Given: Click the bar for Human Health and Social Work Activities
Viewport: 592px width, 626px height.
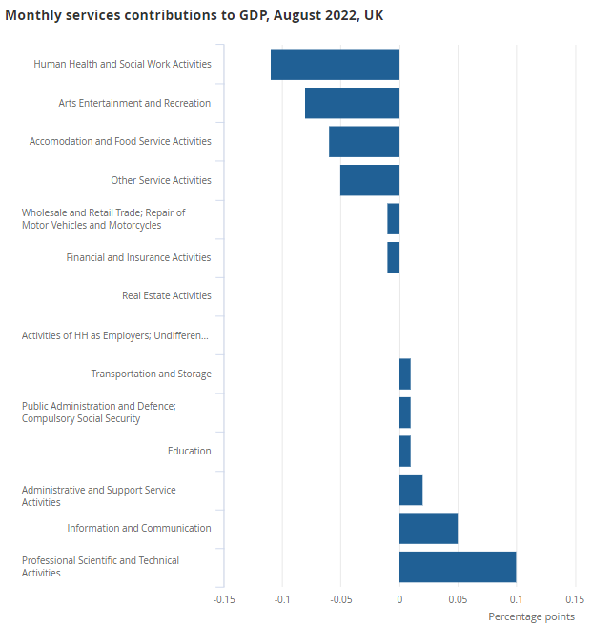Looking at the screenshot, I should (x=335, y=64).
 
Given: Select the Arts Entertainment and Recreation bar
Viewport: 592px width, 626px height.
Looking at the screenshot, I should (x=352, y=103).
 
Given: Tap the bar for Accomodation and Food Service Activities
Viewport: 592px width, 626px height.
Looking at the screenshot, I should (x=364, y=141).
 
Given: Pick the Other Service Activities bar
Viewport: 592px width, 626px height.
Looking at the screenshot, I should (x=370, y=180).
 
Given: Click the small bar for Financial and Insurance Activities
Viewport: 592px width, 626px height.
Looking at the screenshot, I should (x=394, y=257).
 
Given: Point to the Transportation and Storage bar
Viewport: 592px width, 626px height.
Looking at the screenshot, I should (x=405, y=374).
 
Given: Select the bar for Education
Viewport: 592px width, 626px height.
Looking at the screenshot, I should (x=405, y=451).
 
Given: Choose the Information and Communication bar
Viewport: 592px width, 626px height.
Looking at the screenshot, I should (x=428, y=528).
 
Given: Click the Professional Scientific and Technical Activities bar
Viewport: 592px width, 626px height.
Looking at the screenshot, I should (x=458, y=566).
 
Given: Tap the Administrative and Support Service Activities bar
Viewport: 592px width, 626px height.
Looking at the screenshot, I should (x=411, y=490).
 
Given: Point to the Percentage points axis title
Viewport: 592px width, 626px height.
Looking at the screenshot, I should (x=531, y=616).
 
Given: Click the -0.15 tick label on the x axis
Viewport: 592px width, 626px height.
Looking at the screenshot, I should (x=224, y=599).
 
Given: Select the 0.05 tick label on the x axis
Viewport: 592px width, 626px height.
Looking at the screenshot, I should (x=458, y=599).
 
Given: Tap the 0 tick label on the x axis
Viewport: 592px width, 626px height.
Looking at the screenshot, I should (x=399, y=599).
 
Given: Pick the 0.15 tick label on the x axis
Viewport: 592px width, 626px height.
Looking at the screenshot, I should (x=574, y=599).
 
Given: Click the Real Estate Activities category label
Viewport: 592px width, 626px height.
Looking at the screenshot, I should (x=167, y=295).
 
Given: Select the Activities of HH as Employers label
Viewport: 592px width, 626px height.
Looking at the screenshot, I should (x=114, y=335).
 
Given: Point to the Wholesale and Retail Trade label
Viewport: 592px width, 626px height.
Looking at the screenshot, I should (x=103, y=219).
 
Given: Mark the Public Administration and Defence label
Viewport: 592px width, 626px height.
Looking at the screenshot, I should (x=99, y=413).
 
